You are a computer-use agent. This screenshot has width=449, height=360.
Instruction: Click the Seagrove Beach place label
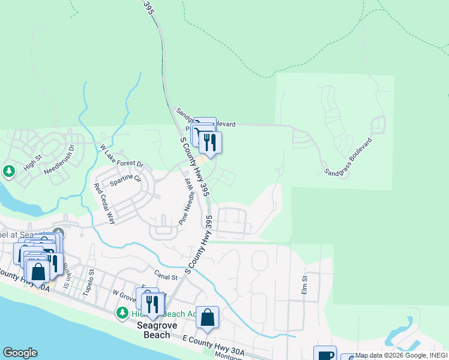152,330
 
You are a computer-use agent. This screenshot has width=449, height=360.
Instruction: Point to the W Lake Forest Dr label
122,155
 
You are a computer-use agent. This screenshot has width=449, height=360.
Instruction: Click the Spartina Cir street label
125,178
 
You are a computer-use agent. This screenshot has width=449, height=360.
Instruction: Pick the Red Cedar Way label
104,203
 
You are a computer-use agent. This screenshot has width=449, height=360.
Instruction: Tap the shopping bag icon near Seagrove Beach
207,317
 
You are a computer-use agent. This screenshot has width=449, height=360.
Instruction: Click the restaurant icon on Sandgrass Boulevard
210,142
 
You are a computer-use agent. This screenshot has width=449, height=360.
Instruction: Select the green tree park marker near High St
8,172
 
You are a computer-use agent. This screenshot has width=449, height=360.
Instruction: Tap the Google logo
20,353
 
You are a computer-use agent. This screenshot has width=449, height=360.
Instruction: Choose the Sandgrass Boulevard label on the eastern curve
349,157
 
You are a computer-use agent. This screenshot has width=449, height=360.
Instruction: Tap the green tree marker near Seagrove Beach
122,313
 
